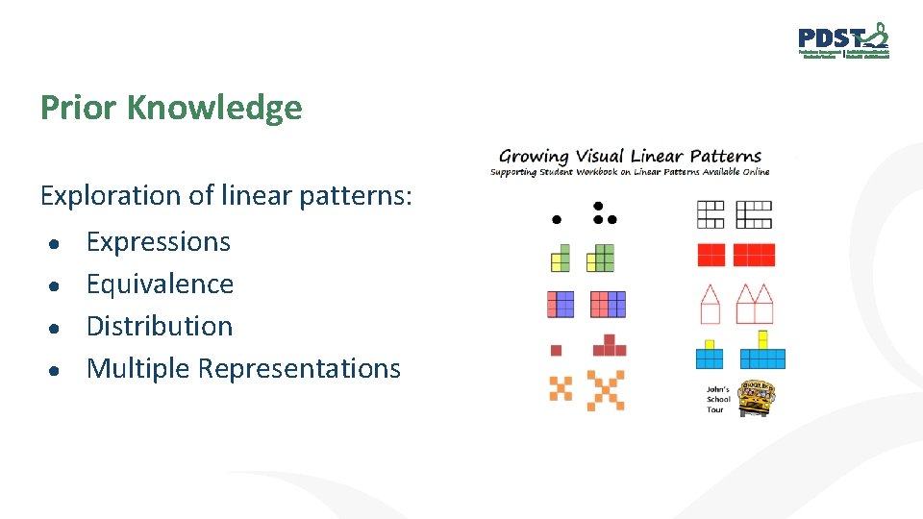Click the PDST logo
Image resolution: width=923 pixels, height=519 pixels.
click(843, 40)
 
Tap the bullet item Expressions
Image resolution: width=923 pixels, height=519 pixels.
click(159, 241)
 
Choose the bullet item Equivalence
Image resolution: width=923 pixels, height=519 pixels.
click(160, 284)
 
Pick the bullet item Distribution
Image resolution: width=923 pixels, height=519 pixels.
click(160, 326)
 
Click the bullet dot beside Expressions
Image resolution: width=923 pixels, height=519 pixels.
click(59, 244)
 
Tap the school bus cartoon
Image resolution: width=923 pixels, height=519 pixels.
click(757, 397)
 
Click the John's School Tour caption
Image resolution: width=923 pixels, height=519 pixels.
click(718, 399)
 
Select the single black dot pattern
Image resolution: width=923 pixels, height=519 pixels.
click(556, 219)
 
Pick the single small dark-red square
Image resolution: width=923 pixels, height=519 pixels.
click(556, 350)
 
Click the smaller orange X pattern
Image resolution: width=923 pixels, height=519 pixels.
click(561, 388)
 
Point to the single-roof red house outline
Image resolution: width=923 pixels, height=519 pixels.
click(710, 304)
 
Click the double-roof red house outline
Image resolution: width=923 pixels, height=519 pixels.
click(755, 304)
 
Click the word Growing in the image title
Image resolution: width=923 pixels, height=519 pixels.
click(534, 156)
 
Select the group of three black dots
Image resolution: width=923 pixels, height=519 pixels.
click(602, 213)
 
